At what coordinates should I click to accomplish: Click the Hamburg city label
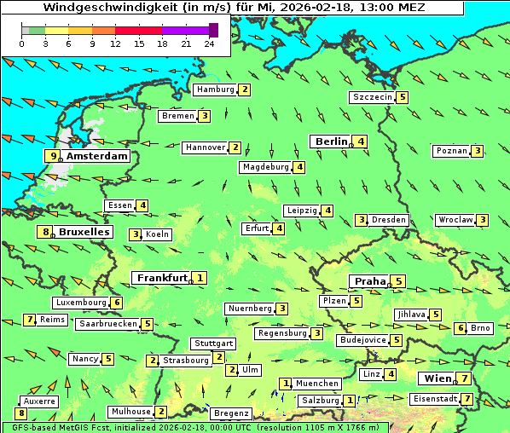point(214,89)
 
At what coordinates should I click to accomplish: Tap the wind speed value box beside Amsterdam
point(54,156)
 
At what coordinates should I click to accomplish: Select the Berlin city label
point(331,141)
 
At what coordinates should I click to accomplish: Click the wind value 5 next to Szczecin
point(402,97)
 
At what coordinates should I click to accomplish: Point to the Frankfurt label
point(162,278)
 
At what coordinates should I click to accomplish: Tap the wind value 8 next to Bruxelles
point(44,232)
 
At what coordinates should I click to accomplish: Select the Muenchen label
point(317,384)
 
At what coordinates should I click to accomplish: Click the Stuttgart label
point(212,344)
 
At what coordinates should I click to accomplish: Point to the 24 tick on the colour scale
point(209,43)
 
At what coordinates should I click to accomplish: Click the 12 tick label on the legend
point(115,43)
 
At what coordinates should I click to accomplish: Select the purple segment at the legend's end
point(213,30)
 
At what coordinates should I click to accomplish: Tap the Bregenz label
point(231,413)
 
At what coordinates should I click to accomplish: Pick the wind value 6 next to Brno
point(460,328)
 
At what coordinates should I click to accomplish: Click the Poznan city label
point(452,151)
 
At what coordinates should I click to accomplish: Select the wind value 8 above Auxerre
point(20,413)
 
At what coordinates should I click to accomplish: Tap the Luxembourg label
point(81,303)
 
